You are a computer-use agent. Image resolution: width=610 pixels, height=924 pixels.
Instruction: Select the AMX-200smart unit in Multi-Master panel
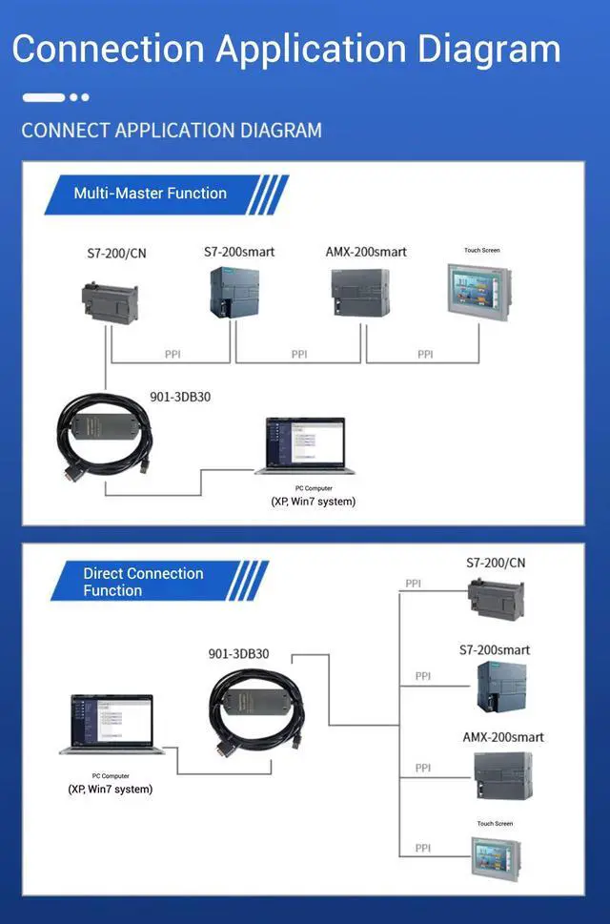tap(360, 291)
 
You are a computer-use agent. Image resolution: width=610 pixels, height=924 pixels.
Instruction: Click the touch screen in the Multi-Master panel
tap(478, 290)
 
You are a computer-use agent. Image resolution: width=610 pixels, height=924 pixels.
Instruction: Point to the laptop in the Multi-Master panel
tap(305, 446)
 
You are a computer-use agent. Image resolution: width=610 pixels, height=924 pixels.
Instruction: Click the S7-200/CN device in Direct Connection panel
tap(496, 597)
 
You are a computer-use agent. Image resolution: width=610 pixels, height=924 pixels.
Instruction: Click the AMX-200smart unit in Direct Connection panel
tap(502, 774)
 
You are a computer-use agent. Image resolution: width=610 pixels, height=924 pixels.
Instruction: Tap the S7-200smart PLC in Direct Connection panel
tap(495, 688)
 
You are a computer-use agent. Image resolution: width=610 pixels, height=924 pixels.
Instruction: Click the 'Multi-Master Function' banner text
tap(151, 194)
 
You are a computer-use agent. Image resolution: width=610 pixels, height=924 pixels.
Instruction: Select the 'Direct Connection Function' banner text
tap(143, 582)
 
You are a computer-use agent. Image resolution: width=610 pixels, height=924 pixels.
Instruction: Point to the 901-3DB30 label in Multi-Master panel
tap(180, 397)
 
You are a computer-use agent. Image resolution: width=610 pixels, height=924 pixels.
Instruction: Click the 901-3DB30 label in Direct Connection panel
tap(238, 654)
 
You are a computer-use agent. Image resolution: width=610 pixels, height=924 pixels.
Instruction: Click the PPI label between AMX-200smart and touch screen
tap(425, 354)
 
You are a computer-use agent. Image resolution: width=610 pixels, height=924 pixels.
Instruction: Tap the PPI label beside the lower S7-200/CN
tap(413, 584)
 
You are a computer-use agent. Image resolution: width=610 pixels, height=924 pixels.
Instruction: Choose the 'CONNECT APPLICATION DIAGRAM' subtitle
tap(172, 130)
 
